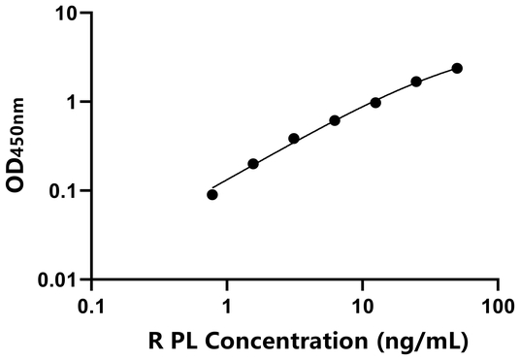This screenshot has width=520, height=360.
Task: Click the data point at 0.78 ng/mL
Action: click(212, 194)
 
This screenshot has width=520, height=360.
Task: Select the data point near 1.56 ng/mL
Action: click(253, 164)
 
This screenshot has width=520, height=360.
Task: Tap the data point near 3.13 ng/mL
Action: click(294, 139)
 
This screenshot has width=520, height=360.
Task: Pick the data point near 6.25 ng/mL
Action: click(335, 120)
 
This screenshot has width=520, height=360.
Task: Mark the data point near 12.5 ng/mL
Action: click(375, 102)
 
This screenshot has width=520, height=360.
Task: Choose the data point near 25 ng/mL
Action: click(416, 82)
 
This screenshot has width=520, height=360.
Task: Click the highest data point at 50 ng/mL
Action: click(457, 68)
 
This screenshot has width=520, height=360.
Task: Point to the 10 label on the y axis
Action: click(64, 14)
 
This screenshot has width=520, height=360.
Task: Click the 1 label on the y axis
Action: click(70, 102)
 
